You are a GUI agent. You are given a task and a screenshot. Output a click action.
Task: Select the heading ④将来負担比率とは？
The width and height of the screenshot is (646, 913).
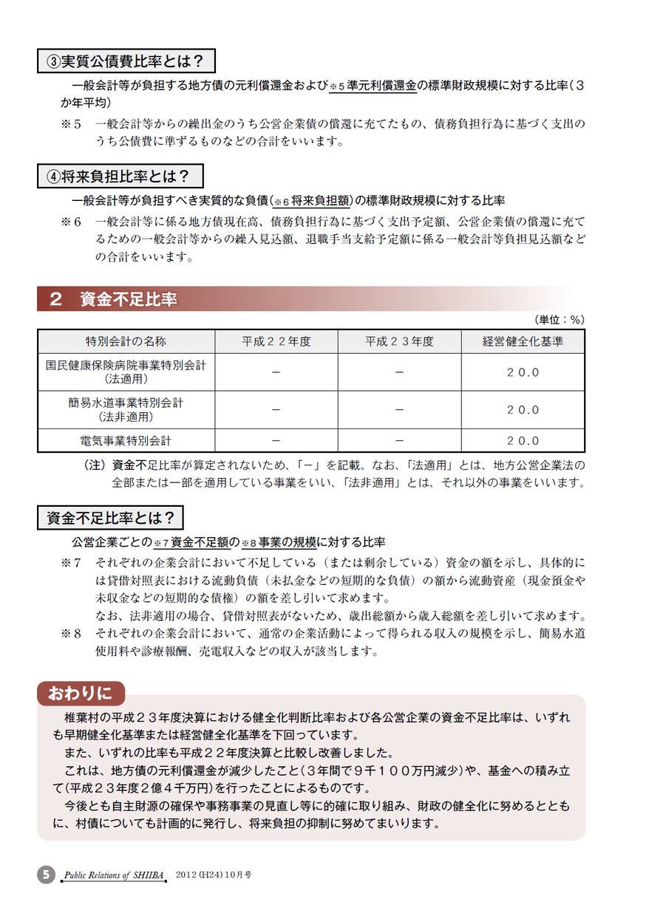click(x=120, y=176)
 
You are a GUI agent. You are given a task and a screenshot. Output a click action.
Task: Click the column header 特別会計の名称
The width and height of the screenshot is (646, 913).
click(x=126, y=341)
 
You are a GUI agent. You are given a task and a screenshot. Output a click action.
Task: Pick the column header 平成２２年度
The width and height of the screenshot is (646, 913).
click(x=276, y=341)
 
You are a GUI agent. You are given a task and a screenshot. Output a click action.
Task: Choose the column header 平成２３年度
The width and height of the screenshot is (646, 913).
click(x=399, y=341)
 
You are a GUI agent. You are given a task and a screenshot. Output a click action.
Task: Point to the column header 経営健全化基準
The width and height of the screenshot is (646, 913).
click(x=523, y=341)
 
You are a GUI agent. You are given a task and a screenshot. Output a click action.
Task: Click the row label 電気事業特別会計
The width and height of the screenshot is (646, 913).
click(x=126, y=440)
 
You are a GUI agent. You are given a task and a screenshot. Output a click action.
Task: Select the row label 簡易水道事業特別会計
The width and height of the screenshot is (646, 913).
click(x=126, y=409)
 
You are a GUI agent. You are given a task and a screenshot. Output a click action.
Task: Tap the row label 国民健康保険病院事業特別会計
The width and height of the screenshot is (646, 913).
click(x=126, y=372)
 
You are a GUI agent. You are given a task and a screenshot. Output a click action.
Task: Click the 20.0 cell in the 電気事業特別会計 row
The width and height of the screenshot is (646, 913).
click(x=523, y=440)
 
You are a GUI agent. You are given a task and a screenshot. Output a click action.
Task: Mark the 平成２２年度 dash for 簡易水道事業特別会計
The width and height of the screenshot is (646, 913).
click(x=276, y=409)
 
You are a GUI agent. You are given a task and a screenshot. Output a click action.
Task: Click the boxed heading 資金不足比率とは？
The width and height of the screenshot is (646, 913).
click(x=110, y=518)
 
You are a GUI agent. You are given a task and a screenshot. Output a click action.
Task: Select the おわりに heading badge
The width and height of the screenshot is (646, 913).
click(x=81, y=693)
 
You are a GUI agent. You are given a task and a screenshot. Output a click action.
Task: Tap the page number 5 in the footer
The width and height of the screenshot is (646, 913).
click(x=46, y=875)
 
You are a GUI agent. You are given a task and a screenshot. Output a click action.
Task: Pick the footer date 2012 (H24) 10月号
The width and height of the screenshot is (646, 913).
click(x=214, y=874)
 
